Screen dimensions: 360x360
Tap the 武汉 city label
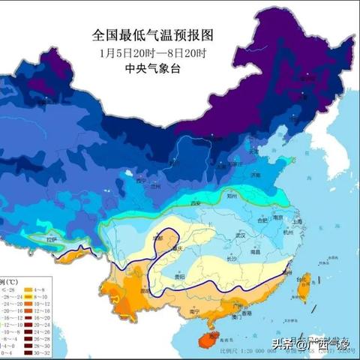242,235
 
